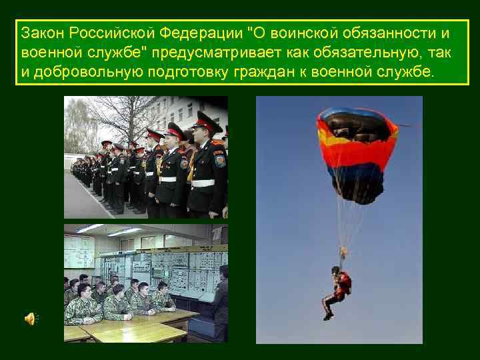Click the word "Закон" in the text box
[39, 33]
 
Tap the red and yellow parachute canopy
[357, 150]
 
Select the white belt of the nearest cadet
[203, 181]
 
